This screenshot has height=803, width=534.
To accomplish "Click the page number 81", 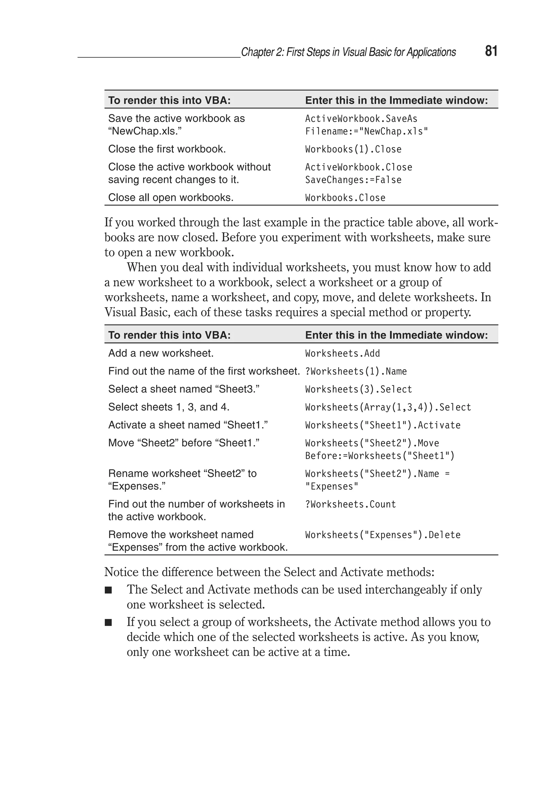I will point(491,51).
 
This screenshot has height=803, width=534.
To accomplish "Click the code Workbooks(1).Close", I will point(353,149).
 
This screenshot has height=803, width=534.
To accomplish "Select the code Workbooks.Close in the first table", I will point(345,198).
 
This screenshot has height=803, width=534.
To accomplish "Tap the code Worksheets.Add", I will point(342,353).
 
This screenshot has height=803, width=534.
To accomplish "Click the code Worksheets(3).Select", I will point(358,389).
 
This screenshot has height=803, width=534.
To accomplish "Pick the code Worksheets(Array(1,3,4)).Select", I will point(388,407).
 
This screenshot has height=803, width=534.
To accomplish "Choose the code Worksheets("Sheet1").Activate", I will point(383,425).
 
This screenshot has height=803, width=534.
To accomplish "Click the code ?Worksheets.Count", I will point(350,504).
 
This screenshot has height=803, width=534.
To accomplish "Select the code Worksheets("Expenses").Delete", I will point(383,535).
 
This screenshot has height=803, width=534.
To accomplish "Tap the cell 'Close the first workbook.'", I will point(167,149).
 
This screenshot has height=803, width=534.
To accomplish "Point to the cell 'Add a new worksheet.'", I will point(161,353).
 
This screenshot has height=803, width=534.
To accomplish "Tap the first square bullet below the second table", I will point(108,590).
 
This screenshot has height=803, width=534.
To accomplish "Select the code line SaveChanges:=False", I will point(353,180).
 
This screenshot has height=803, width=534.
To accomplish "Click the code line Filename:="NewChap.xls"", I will point(366,131).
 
